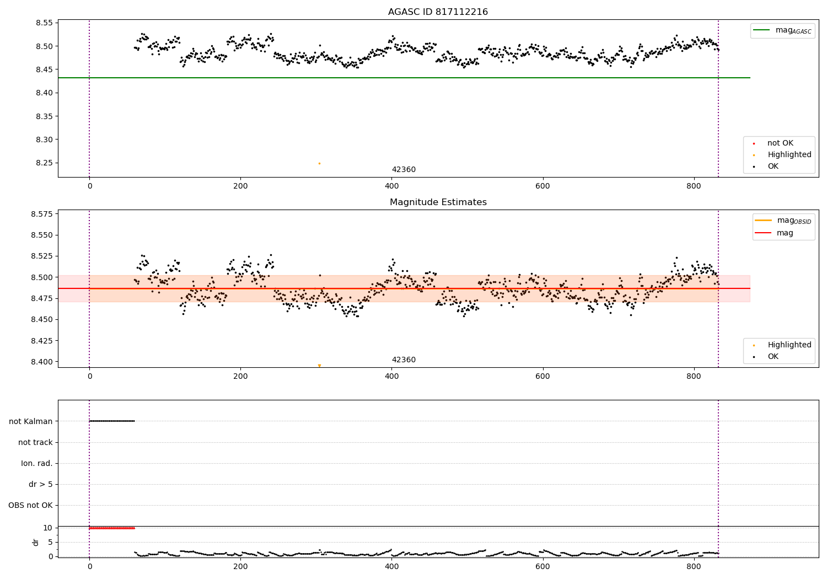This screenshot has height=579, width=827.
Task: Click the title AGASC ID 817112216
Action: pos(438,12)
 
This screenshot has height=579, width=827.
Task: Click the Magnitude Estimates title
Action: pos(438,202)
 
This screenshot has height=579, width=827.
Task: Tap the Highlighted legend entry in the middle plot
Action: pos(789,345)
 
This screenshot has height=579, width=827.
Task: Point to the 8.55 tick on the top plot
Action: pos(44,23)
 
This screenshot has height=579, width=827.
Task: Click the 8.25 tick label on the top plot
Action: pos(44,163)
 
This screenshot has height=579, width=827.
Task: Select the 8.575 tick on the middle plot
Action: pos(42,214)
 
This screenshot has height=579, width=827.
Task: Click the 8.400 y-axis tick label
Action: pos(42,362)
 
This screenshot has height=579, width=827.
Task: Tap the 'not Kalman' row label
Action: pos(31,421)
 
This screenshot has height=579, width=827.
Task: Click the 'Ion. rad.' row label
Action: pos(37,463)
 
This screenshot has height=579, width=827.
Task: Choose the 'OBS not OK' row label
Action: pos(31,506)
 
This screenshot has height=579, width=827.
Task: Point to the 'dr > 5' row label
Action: pos(41,485)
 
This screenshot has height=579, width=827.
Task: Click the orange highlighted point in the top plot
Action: pos(319,163)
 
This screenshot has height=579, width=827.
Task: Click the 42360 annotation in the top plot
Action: pos(404,170)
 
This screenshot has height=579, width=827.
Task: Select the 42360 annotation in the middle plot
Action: pos(404,360)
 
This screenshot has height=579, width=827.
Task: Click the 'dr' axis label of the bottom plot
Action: pos(36,542)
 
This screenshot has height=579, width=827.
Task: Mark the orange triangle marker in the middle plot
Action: pos(319,366)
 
